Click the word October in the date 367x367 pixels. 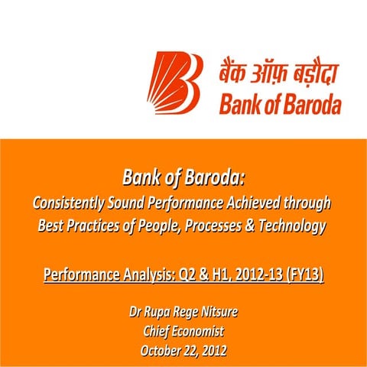pos(163,350)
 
